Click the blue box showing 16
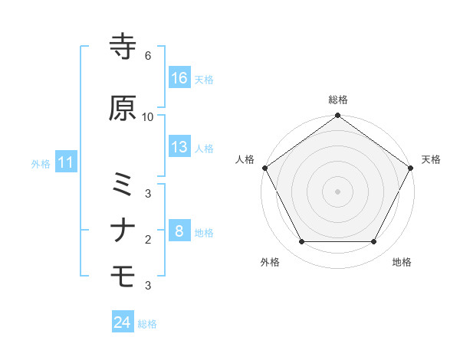[180, 78]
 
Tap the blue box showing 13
[180, 147]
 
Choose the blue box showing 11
[66, 162]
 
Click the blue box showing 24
[123, 322]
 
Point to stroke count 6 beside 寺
[148, 57]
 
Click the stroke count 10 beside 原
[148, 117]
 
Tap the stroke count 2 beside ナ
[148, 240]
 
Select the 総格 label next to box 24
[148, 324]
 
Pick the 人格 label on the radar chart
[245, 159]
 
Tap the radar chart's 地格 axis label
[402, 263]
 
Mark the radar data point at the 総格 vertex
[337, 116]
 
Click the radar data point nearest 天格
[411, 168]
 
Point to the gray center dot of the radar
[337, 191]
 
